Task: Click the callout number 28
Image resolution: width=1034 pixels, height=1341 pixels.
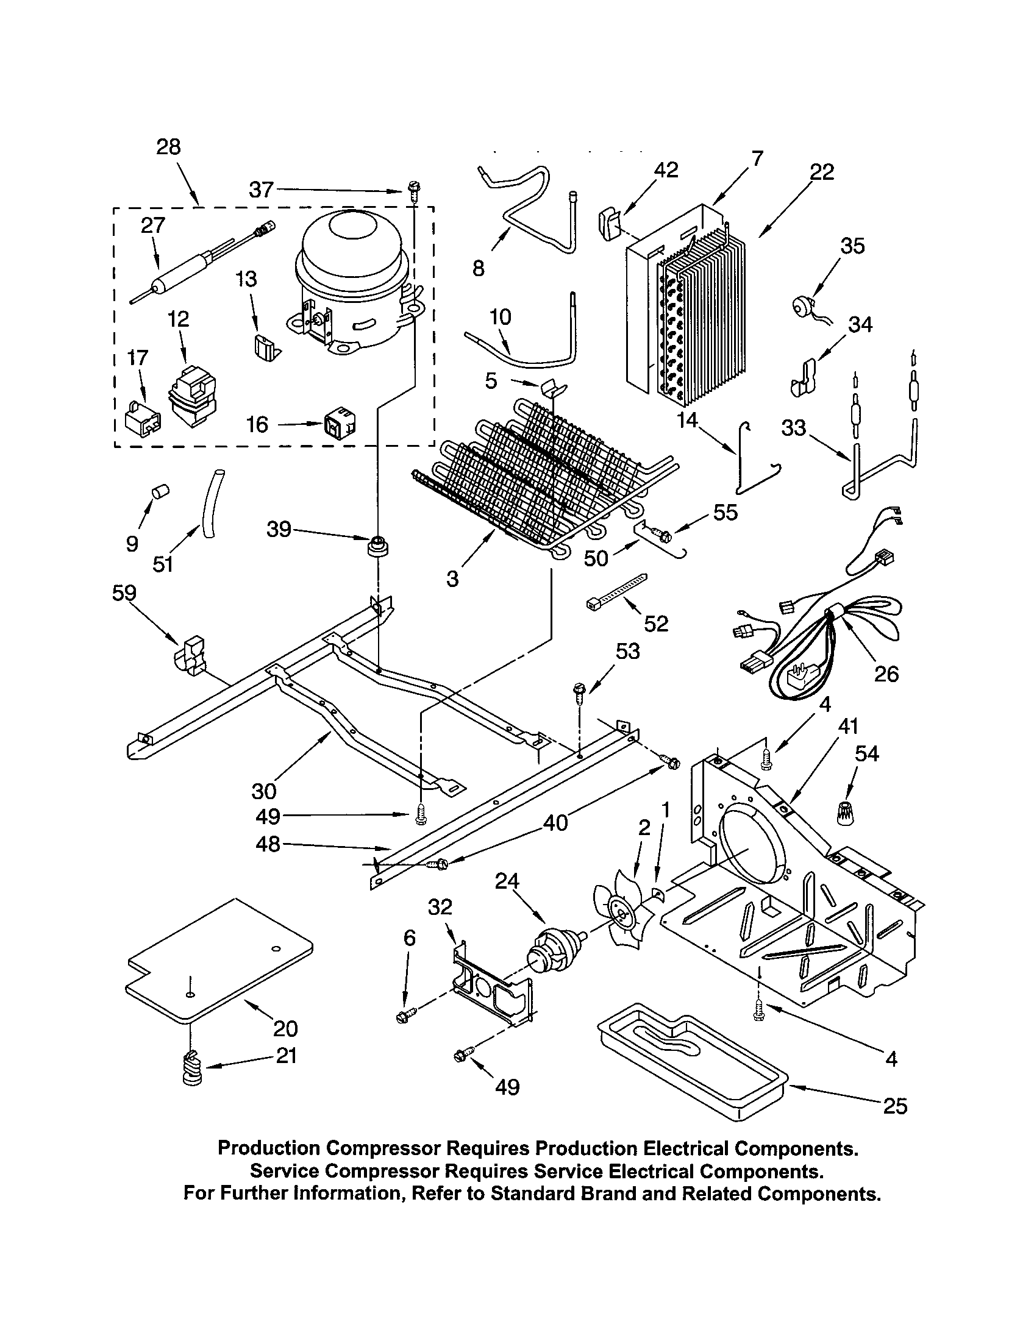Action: [168, 147]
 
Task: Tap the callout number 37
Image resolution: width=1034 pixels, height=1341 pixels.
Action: [260, 190]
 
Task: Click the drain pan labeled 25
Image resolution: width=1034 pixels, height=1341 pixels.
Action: [693, 1062]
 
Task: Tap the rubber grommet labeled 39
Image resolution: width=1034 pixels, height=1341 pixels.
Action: [376, 546]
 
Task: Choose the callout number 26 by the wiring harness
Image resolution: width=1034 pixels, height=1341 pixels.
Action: [886, 674]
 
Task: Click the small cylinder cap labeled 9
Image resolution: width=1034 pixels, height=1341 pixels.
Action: [160, 491]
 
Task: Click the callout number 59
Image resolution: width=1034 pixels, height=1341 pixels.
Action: [124, 593]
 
